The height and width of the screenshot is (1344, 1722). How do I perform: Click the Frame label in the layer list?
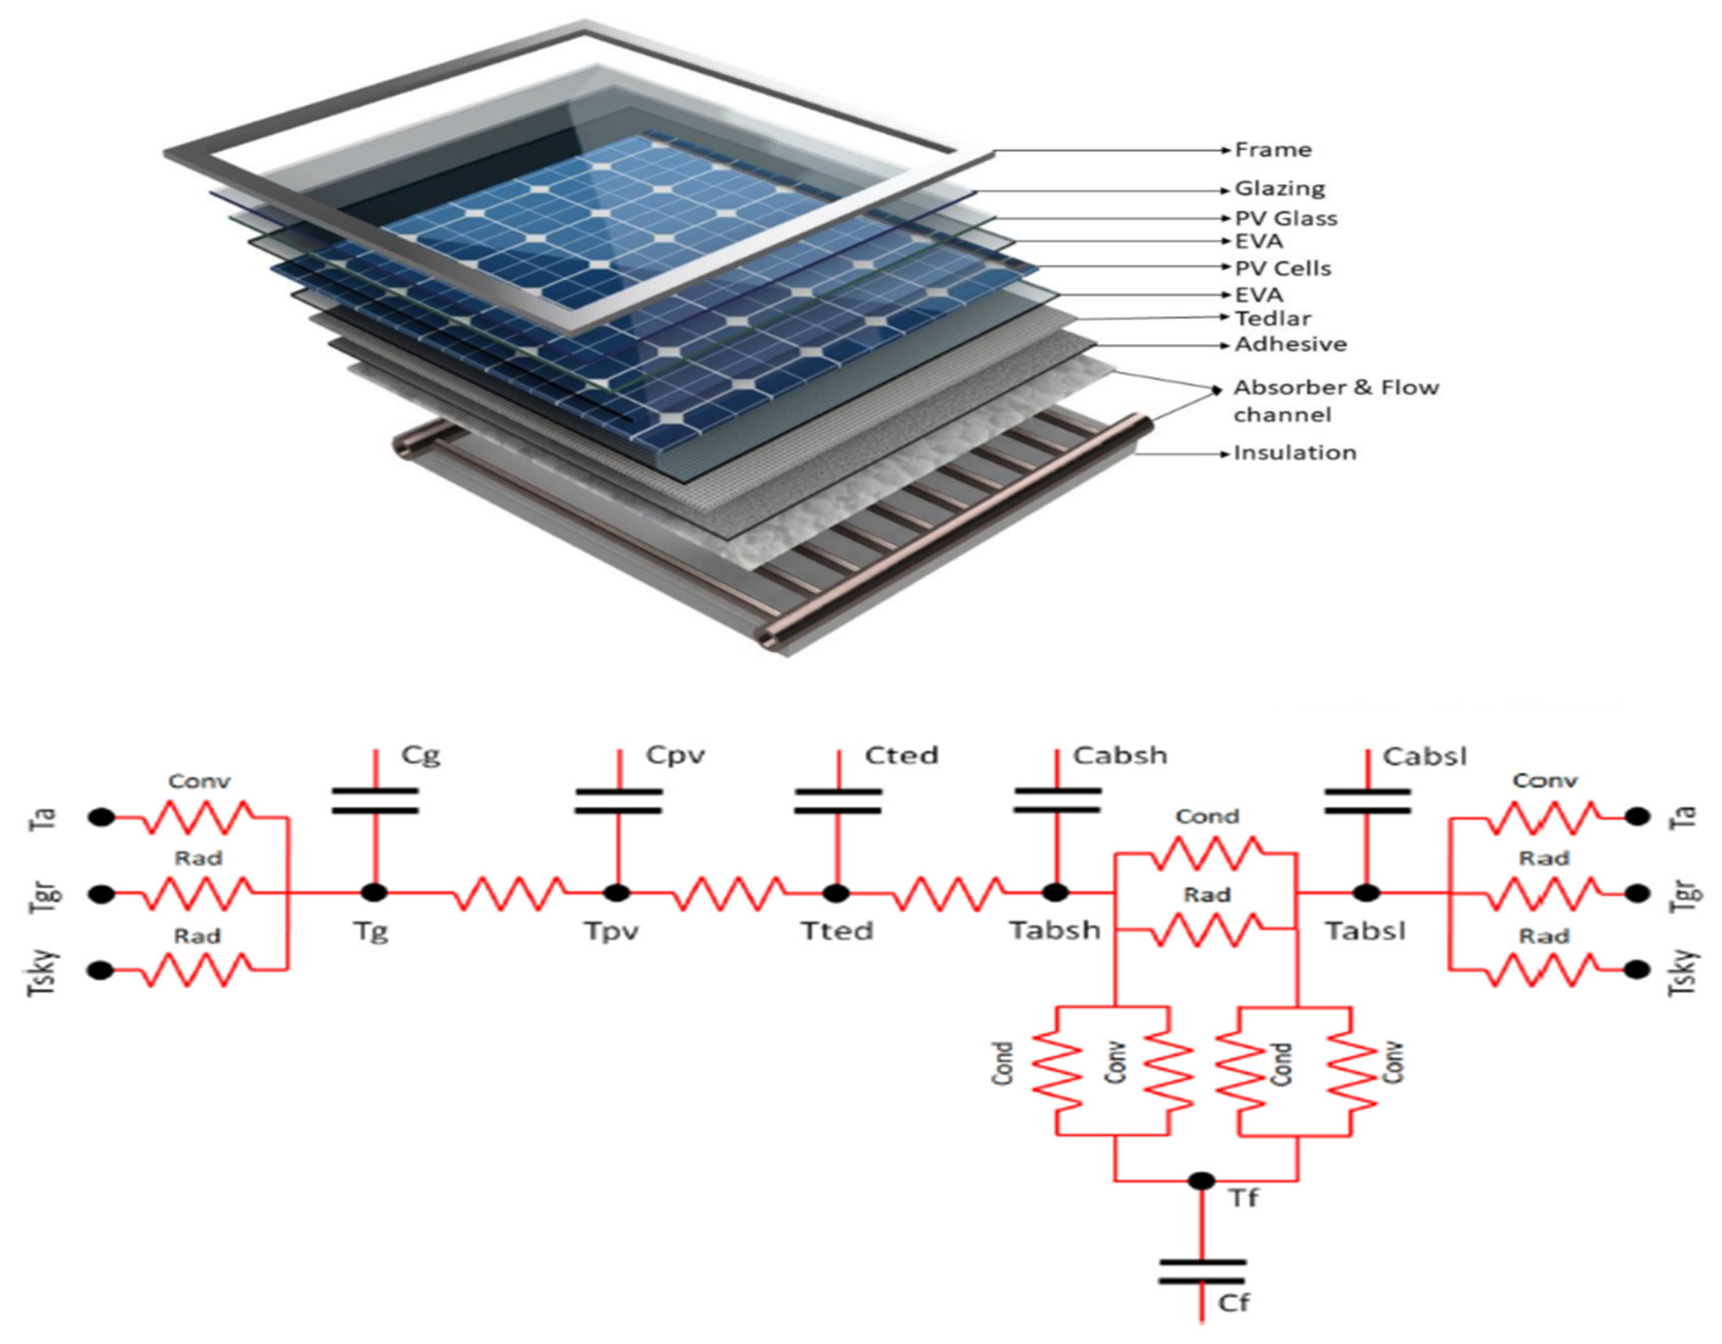point(1273,150)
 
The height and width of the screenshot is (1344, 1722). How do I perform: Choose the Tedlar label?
point(1273,319)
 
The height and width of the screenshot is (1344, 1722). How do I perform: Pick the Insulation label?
point(1295,453)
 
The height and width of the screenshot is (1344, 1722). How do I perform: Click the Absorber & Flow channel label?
point(1335,401)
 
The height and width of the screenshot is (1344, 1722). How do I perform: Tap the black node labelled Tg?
point(374,893)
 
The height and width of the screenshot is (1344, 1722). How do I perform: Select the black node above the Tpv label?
point(617,893)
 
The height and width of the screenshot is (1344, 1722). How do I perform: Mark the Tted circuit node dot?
point(836,893)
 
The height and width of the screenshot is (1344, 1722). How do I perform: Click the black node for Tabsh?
point(1056,893)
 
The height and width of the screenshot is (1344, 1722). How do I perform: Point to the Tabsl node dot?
point(1367,893)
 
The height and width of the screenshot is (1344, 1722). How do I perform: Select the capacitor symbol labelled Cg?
point(374,800)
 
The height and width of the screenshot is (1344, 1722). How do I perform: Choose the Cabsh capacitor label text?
point(1120,756)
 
